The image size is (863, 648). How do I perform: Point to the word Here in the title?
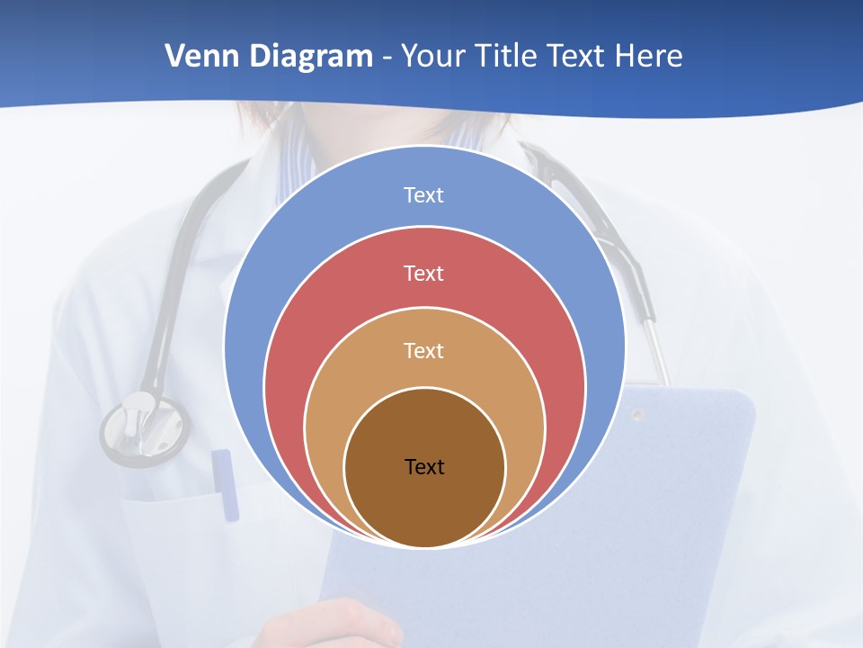(648, 57)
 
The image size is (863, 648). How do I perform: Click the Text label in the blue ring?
(423, 195)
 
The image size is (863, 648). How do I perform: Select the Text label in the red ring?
(423, 273)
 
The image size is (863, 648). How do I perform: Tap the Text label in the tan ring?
(423, 350)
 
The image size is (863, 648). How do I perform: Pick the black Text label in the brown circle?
(424, 466)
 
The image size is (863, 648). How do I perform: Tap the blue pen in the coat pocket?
(225, 484)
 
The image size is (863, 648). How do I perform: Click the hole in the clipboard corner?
(637, 415)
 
